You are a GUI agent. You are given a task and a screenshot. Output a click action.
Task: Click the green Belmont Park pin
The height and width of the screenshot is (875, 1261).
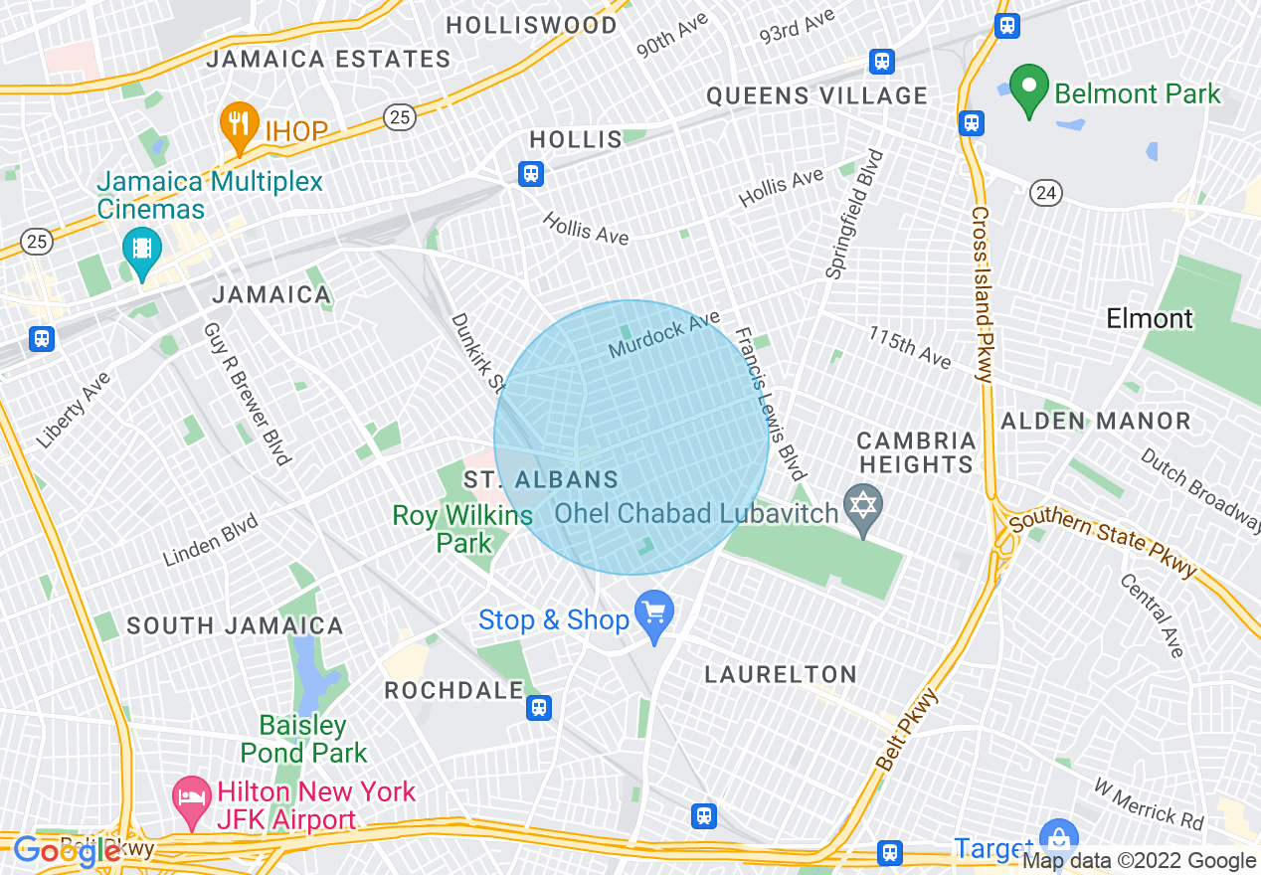click(1029, 89)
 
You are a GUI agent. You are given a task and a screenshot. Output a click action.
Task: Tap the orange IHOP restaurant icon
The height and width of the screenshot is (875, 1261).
click(238, 124)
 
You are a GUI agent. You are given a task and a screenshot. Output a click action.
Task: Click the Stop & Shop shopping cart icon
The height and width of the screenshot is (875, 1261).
click(654, 615)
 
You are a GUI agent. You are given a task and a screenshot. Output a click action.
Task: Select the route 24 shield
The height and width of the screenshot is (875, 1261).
click(1045, 193)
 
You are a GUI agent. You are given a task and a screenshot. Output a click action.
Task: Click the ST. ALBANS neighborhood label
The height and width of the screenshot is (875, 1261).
click(542, 480)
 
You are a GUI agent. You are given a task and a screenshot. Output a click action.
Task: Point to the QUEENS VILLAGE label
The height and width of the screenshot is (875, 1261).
click(816, 96)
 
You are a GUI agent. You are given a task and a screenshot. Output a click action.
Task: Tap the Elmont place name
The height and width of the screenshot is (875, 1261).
click(1150, 319)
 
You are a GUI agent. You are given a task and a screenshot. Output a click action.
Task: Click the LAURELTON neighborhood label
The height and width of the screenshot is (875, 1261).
click(781, 674)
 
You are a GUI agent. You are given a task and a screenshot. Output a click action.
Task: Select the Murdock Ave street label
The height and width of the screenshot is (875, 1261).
click(664, 335)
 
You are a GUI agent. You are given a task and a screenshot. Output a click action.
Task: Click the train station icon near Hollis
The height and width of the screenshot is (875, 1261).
click(531, 174)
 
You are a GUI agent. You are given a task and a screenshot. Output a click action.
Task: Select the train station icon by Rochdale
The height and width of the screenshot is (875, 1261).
click(539, 707)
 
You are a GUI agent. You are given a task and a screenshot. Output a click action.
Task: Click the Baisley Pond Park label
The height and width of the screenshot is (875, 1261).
click(303, 739)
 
